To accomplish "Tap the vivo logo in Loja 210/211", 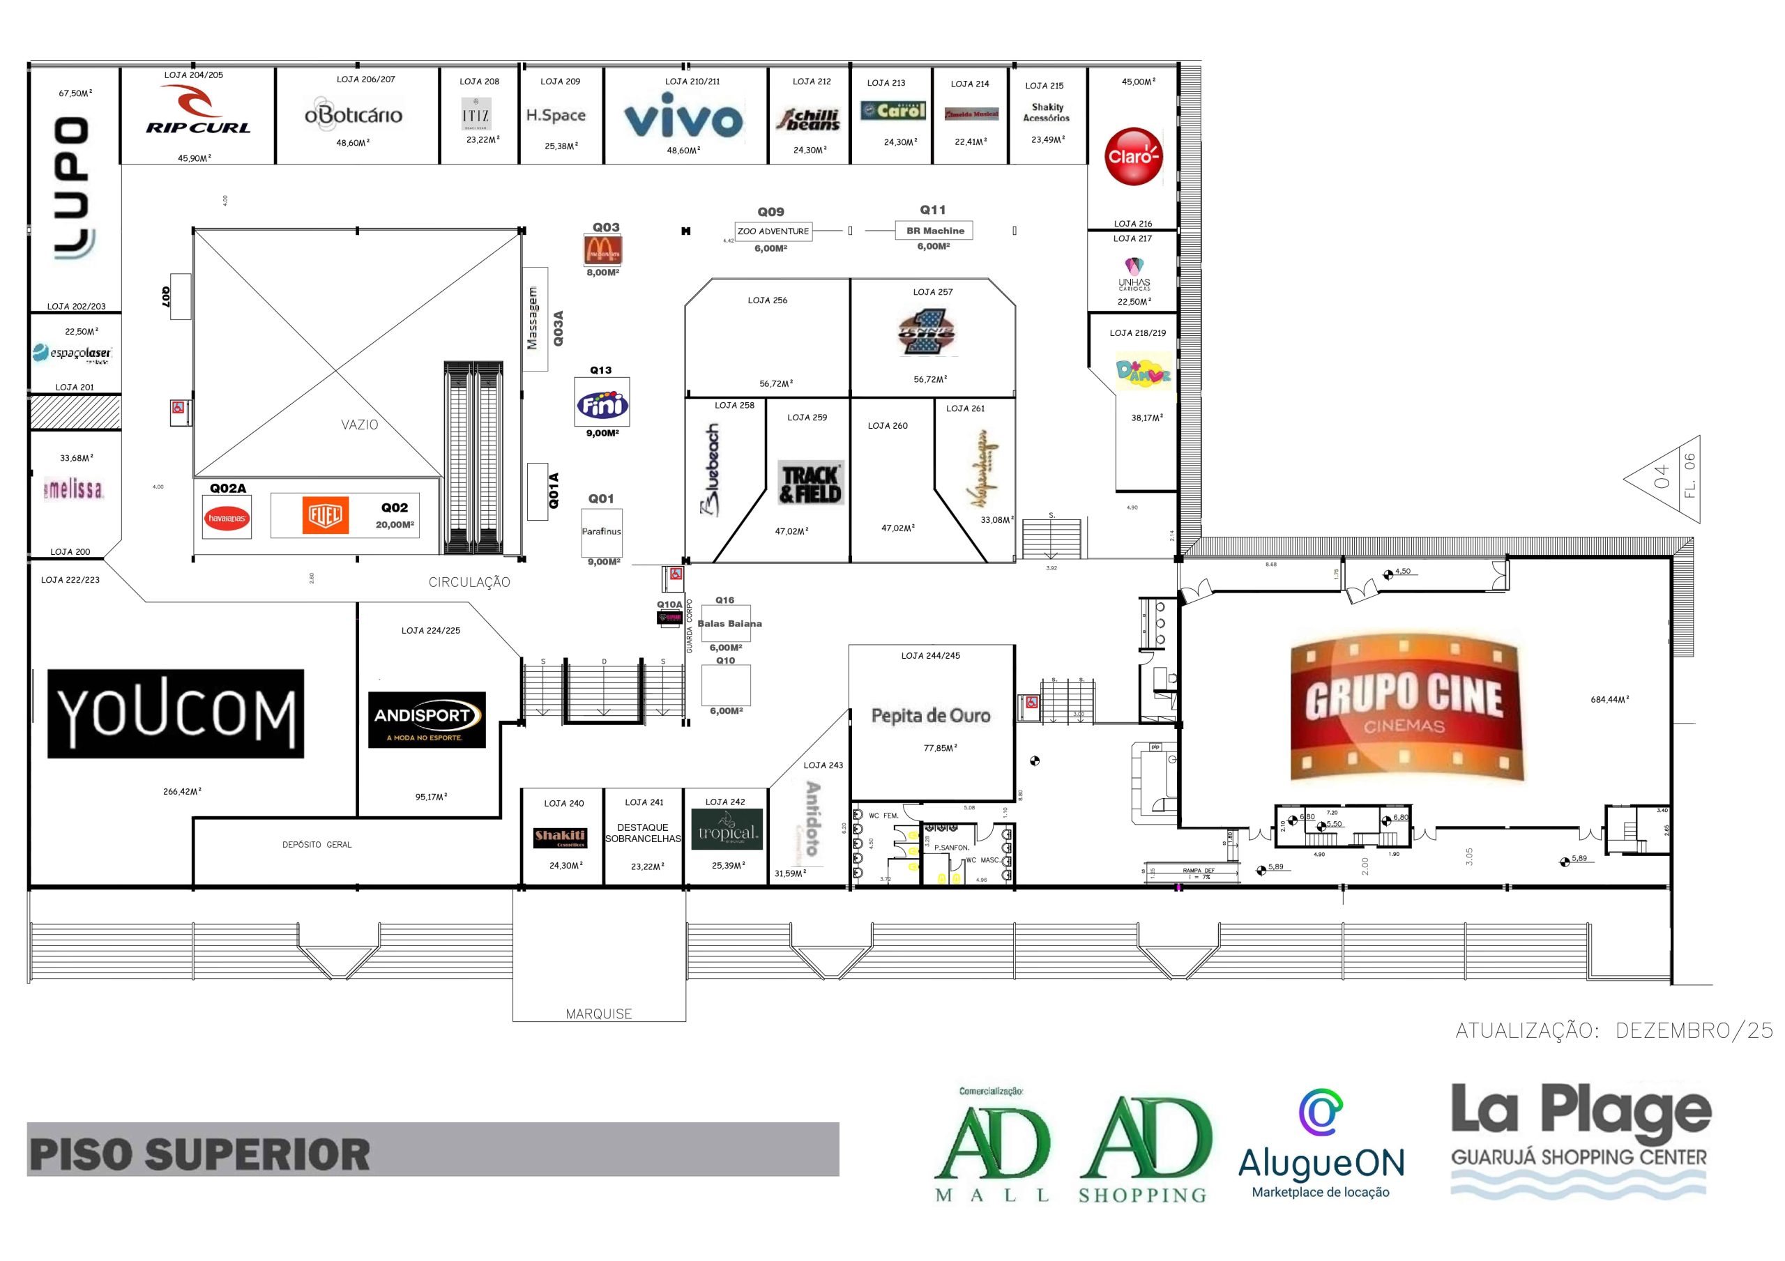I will pos(683,116).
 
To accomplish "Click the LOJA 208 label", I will pos(479,82).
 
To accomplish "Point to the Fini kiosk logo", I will pos(602,404).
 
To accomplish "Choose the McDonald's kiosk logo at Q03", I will pos(603,250).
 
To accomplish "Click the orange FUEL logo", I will pos(325,514).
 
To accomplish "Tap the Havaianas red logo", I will pos(227,519).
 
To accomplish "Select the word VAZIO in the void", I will pos(359,425).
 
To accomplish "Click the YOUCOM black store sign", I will pos(176,714).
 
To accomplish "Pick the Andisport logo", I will pos(427,720).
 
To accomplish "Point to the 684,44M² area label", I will pos(1609,700).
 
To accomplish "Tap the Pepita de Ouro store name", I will pos(931,715).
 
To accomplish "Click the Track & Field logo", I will pos(811,484).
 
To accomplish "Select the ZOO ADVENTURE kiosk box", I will pos(773,231).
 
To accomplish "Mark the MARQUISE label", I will pos(599,1014).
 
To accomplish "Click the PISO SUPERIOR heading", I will pos(200,1154).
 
